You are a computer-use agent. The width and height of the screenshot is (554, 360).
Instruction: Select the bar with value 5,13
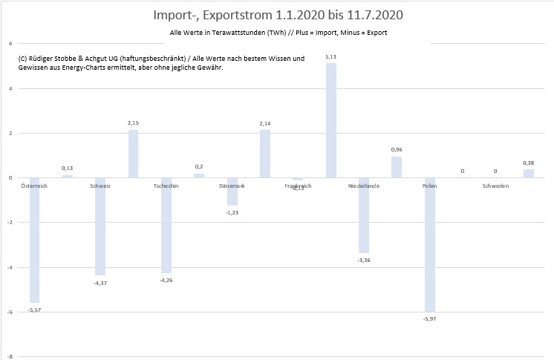tap(331, 120)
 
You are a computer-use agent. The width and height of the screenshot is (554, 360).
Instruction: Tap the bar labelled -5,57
tap(35, 240)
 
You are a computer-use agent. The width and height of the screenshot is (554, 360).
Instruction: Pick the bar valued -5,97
tap(430, 244)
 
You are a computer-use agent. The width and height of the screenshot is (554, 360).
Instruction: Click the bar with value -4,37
tap(100, 226)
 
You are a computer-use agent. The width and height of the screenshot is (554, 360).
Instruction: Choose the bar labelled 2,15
tap(133, 154)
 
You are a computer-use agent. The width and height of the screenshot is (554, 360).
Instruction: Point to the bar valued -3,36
tap(364, 215)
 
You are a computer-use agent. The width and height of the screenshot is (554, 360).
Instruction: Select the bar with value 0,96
tap(397, 167)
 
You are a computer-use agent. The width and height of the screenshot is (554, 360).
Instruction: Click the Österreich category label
tap(34, 186)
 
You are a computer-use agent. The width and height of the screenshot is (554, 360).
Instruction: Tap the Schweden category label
tap(495, 186)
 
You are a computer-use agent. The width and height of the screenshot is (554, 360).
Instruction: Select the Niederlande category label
tap(364, 186)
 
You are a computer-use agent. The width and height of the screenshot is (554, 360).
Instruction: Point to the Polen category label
tap(430, 186)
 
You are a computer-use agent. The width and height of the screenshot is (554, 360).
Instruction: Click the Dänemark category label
tap(232, 186)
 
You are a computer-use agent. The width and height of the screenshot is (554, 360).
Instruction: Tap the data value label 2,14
tap(265, 124)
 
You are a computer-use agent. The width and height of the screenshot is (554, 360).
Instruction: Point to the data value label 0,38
tap(528, 163)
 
